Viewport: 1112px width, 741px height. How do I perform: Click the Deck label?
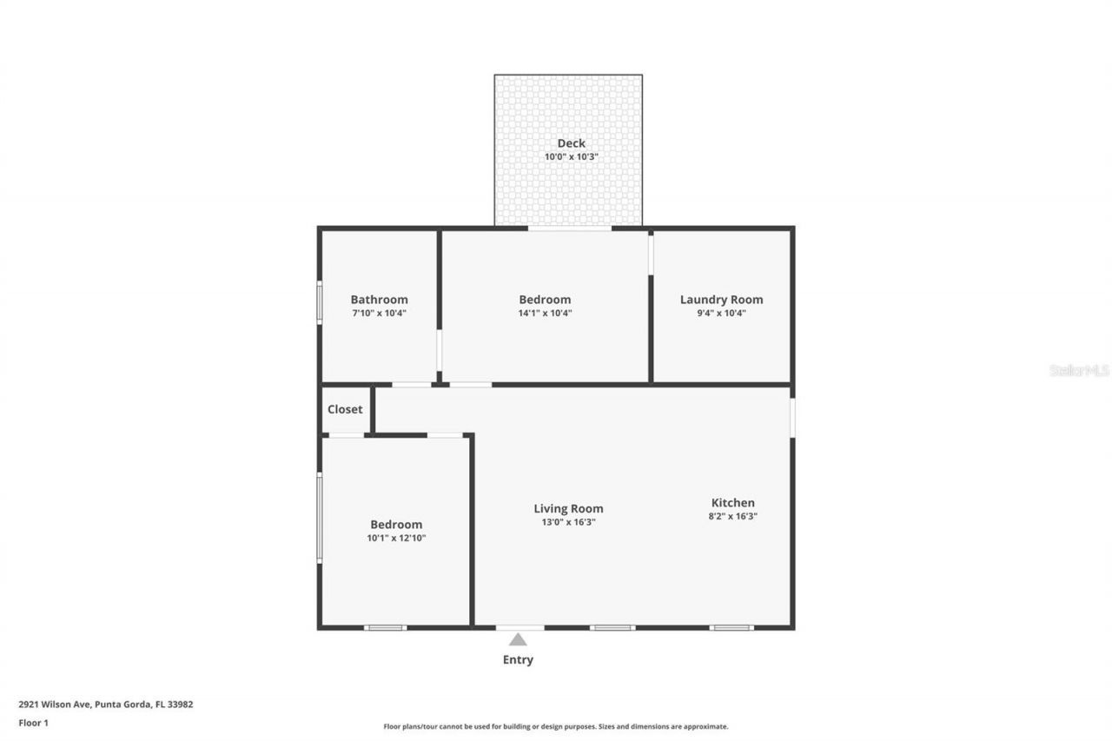[x=571, y=143]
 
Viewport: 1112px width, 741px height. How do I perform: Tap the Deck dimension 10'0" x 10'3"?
[x=571, y=157]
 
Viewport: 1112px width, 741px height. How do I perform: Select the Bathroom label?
[x=379, y=300]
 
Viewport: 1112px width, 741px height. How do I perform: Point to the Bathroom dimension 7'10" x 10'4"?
[x=379, y=314]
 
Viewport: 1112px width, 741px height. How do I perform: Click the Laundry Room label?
[x=721, y=300]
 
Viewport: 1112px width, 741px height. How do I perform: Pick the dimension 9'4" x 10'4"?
[x=721, y=314]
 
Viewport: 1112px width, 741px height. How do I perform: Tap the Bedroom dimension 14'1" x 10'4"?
[x=545, y=314]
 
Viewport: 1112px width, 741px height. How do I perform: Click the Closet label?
[x=345, y=409]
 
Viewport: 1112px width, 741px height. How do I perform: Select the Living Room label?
[x=568, y=509]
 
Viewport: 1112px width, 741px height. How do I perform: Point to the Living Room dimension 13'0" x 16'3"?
[x=568, y=522]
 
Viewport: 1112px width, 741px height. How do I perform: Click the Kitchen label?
[x=733, y=502]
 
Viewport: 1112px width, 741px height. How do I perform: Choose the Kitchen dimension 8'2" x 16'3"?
[x=733, y=516]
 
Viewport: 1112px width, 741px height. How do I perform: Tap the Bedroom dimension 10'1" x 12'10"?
[x=396, y=538]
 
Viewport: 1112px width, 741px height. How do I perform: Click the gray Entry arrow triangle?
[x=518, y=640]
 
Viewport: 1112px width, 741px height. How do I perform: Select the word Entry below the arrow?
[x=518, y=660]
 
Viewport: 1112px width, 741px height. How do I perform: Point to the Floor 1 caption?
[x=34, y=723]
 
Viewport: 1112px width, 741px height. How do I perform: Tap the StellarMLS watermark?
[x=1079, y=370]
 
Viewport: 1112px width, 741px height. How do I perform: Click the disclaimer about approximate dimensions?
[x=556, y=726]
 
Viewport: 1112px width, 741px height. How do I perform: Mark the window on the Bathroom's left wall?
[x=319, y=302]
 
